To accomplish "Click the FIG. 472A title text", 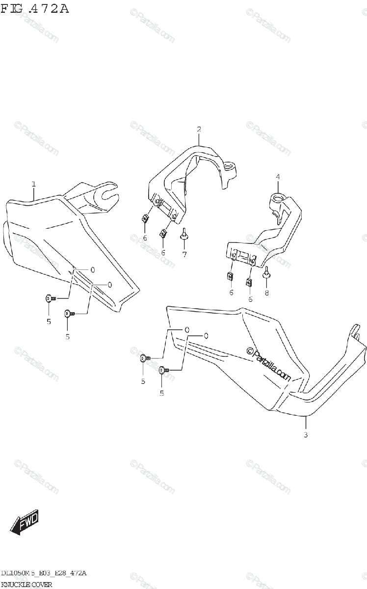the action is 35,8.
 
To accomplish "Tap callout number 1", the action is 33,184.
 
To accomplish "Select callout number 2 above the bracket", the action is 199,130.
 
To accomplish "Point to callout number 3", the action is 305,435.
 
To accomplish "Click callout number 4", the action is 277,176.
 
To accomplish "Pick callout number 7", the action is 184,254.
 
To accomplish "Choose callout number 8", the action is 267,293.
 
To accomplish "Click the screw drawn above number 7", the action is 184,234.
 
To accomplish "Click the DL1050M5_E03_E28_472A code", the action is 44,573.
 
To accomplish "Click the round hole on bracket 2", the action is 228,167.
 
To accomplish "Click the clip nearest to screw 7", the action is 163,234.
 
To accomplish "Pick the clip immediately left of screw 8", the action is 249,281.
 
